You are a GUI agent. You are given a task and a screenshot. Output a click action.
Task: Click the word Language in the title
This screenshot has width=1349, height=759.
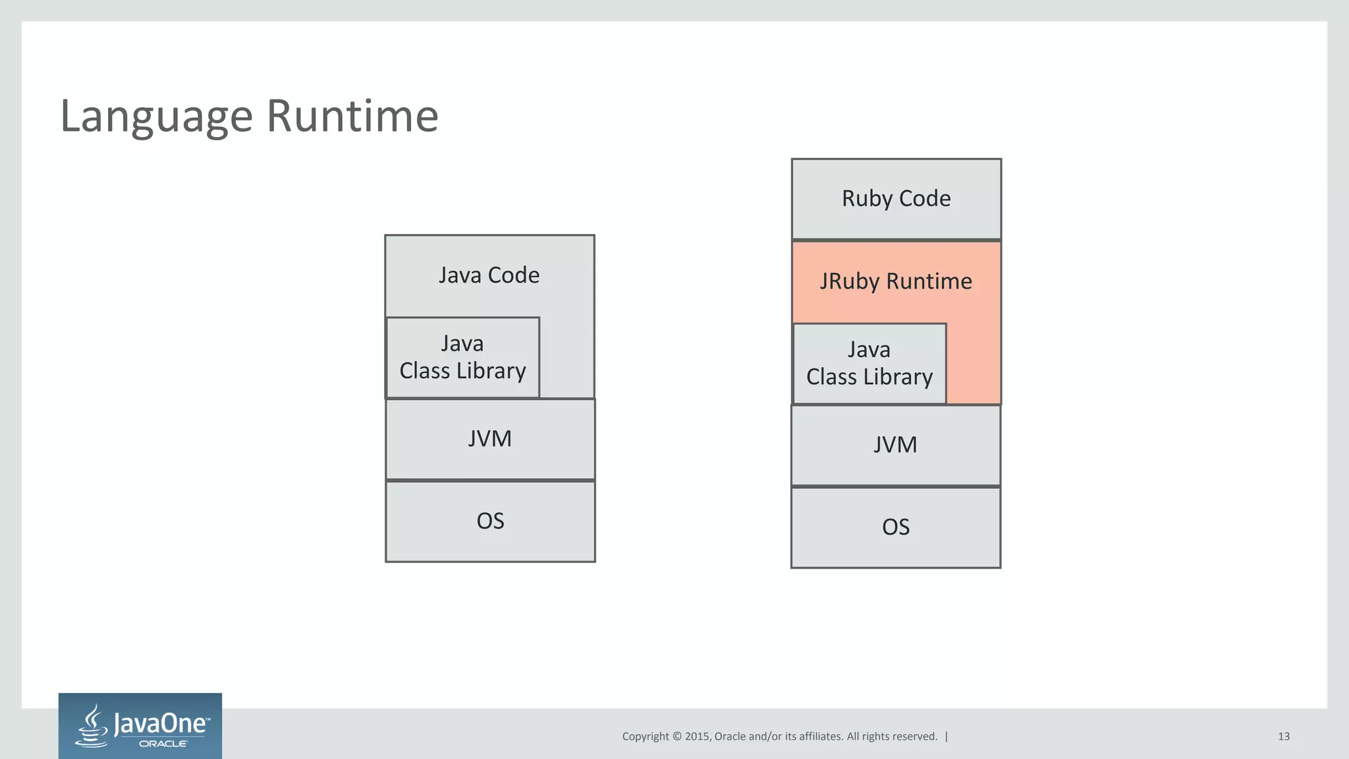[x=156, y=117]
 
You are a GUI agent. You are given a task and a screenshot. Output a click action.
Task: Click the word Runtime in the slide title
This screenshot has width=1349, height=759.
[x=352, y=117]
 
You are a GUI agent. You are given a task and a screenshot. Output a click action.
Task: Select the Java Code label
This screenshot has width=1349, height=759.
[x=489, y=275]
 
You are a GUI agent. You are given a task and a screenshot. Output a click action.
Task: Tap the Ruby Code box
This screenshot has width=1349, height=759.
[x=896, y=198]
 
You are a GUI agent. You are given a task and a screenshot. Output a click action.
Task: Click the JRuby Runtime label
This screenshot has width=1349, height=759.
[x=896, y=281]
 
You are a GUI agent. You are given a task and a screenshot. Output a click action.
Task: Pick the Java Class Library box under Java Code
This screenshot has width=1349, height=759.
[x=462, y=358]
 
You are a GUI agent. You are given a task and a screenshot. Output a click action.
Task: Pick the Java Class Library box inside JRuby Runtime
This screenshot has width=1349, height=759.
[x=869, y=364]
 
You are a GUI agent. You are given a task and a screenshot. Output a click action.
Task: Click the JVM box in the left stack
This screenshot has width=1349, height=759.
[x=490, y=439]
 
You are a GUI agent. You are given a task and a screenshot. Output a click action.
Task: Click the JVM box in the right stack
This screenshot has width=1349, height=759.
[x=895, y=445]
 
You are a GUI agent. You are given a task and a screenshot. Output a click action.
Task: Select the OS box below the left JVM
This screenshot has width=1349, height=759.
[x=490, y=521]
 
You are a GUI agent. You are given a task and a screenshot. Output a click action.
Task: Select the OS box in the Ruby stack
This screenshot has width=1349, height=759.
[x=895, y=527]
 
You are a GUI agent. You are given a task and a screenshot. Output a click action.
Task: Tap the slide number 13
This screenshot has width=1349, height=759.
[x=1283, y=737]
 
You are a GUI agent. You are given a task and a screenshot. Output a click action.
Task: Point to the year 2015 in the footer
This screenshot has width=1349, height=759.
[x=697, y=737]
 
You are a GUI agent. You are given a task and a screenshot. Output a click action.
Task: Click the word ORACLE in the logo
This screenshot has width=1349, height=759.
[x=163, y=744]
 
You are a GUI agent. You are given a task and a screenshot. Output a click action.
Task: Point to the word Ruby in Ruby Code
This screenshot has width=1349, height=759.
[x=867, y=198]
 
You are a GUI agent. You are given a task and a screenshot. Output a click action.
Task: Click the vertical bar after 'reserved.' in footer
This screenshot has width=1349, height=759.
[x=947, y=737]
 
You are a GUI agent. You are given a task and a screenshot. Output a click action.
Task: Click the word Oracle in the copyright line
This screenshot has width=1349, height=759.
[x=730, y=737]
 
